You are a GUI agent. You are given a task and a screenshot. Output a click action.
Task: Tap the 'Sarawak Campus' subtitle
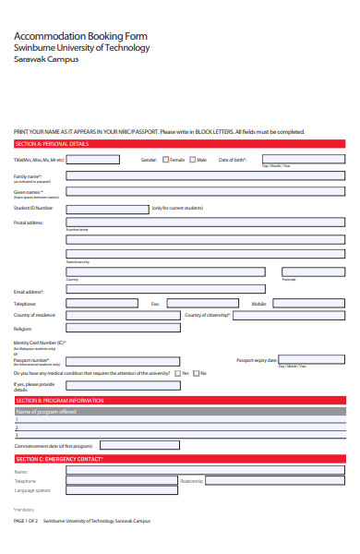(x=46, y=59)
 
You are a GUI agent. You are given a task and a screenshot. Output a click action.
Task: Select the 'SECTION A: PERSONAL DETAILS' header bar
(x=180, y=144)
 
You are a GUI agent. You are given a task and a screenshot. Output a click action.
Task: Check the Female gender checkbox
(x=164, y=160)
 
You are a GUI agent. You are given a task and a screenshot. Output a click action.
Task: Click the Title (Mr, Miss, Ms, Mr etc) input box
(x=92, y=160)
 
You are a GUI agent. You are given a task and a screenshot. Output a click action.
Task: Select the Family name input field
(x=205, y=175)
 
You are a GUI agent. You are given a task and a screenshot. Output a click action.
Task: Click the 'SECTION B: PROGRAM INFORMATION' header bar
(x=180, y=400)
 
